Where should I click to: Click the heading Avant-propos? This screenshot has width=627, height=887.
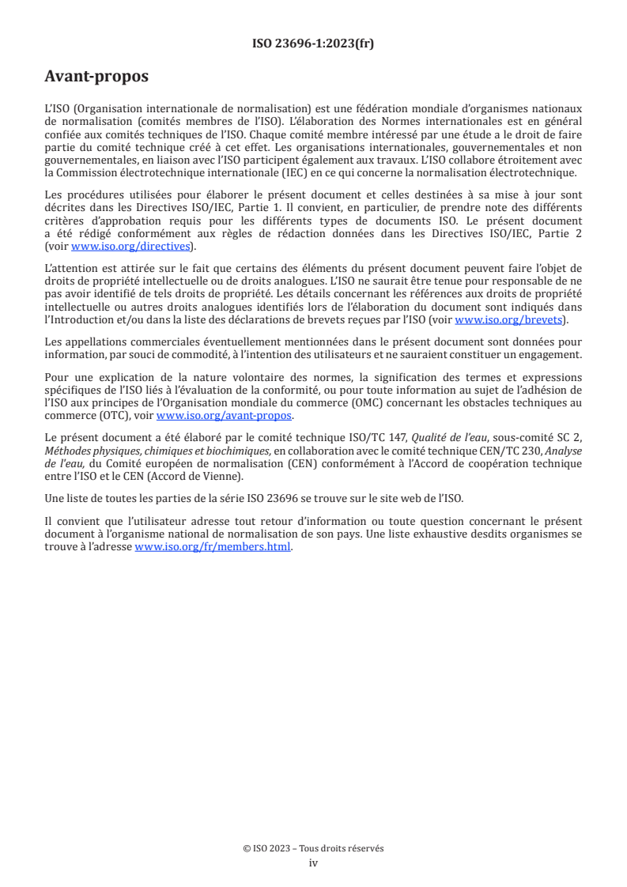[x=96, y=77]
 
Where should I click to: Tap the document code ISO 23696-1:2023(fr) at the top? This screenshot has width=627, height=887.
[x=313, y=43]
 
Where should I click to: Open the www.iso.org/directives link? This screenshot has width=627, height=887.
[x=132, y=247]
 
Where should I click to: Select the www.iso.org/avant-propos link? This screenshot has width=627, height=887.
[x=225, y=415]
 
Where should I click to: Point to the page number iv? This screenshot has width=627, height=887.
[x=313, y=862]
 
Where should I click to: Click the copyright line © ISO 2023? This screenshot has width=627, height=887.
[x=313, y=848]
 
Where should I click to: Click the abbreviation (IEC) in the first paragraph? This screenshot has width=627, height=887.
[x=255, y=174]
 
